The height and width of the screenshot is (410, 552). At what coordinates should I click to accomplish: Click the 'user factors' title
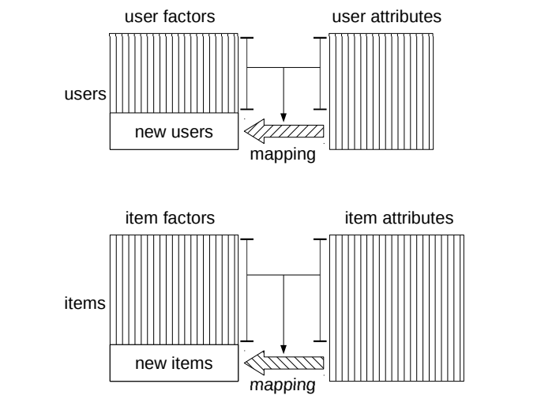click(174, 17)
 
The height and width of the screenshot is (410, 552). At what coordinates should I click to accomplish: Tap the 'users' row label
click(85, 94)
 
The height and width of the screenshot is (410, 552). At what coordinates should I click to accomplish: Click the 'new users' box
click(174, 131)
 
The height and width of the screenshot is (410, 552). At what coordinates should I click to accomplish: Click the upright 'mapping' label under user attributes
click(283, 155)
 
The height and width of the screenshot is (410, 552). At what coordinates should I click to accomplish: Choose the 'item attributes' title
click(399, 216)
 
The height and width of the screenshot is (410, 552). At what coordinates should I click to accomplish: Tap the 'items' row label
click(85, 303)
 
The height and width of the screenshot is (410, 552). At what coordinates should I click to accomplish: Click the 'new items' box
click(174, 363)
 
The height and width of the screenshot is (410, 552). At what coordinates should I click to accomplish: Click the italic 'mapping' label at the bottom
click(283, 386)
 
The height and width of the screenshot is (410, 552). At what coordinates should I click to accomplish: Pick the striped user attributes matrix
click(381, 91)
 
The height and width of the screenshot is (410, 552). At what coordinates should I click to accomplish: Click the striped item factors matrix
click(174, 288)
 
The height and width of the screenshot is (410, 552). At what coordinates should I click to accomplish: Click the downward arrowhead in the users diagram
click(284, 116)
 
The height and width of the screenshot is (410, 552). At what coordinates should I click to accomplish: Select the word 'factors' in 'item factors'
click(190, 216)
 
